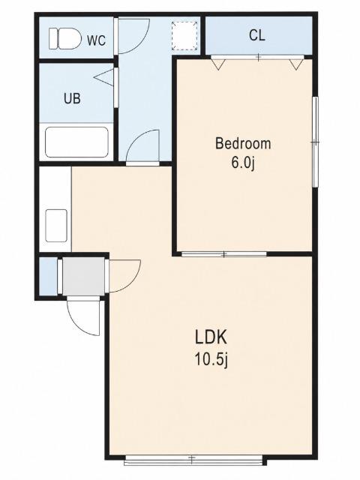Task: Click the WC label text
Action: pos(97,40)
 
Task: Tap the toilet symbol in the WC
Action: pos(65,38)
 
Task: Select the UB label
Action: pos(72,98)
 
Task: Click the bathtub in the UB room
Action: pos(76,142)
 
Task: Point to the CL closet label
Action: pos(256,35)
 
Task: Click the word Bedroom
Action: pos(243,143)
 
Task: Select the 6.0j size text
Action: pos(243,163)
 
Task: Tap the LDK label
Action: pos(211,337)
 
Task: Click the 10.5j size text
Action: pos(211,360)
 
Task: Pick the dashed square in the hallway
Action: pos(184,36)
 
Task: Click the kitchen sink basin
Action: pos(56,226)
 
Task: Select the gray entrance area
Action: pos(83,276)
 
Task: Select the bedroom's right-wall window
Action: pos(315,142)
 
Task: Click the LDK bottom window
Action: pos(193,460)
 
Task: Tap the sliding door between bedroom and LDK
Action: pos(223,254)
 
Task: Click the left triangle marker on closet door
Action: pos(218,64)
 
